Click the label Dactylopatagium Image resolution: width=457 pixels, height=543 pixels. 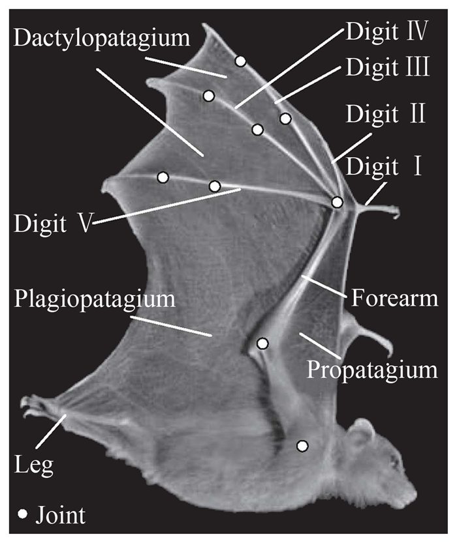(101, 38)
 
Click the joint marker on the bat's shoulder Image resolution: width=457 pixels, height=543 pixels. (302, 446)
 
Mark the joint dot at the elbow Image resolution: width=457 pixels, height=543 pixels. (262, 343)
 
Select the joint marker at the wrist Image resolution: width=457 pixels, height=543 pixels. (337, 202)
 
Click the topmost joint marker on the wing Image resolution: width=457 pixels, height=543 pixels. (240, 61)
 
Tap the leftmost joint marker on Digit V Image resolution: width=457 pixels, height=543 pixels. (163, 177)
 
